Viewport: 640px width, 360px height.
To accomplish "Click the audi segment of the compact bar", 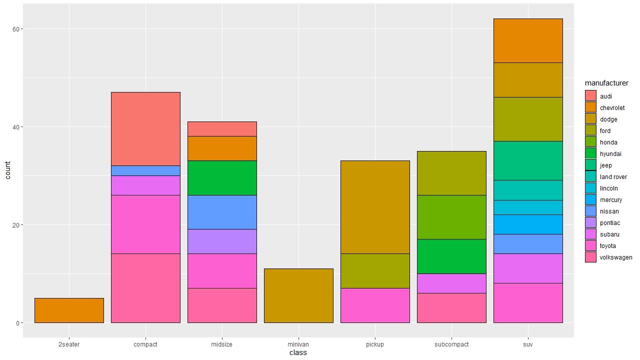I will (145, 128).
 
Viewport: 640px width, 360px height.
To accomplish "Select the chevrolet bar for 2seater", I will (69, 310).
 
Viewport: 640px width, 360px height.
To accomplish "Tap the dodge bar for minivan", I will (298, 295).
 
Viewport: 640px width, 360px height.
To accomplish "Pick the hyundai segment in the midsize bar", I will (222, 177).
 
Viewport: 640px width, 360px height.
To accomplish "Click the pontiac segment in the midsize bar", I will (222, 241).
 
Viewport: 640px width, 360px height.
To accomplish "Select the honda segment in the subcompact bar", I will (451, 217).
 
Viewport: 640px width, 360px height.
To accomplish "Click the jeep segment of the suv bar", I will (528, 160).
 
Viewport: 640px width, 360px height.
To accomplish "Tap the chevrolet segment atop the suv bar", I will (528, 40).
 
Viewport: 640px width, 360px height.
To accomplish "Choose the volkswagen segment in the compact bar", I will (145, 288).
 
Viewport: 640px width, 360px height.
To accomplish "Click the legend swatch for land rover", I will (590, 177).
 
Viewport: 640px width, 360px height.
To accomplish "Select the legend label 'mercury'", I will (611, 200).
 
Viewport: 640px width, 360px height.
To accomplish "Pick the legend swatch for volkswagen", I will (590, 257).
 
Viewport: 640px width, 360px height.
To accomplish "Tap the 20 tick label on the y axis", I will (16, 225).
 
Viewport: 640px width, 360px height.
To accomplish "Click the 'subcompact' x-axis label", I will (451, 344).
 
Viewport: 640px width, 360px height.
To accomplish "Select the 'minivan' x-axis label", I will (298, 344).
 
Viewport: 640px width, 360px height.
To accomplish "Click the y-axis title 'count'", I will (7, 170).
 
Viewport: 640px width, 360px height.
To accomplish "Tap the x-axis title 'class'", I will (298, 353).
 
